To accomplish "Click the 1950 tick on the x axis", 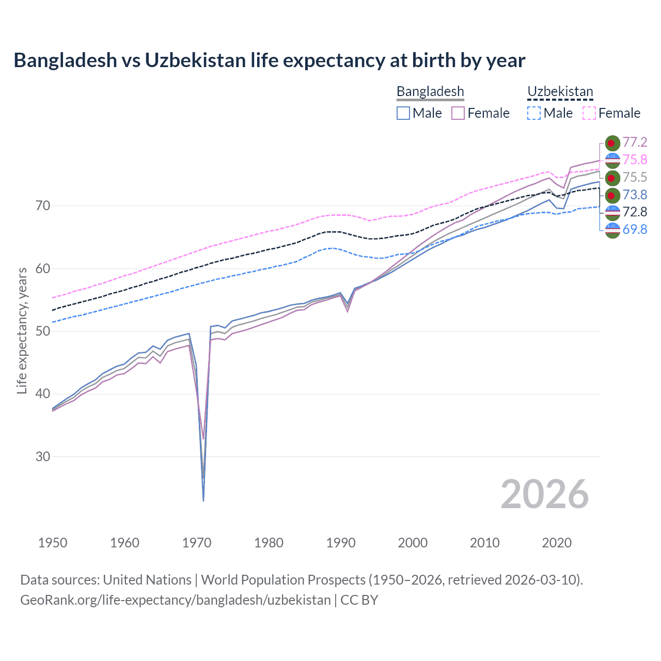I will [53, 543].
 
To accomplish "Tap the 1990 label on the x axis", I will [341, 543].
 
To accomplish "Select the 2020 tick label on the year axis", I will [557, 543].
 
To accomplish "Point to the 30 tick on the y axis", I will [43, 457].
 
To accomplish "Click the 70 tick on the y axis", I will [43, 206].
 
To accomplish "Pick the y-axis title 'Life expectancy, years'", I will [22, 330].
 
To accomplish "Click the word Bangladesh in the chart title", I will [66, 60].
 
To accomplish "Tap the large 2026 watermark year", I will [545, 495].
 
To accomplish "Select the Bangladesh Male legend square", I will [403, 113].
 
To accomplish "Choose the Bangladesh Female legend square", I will [458, 113].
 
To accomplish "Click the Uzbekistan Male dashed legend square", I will [534, 113].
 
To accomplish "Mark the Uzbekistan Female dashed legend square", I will [589, 113].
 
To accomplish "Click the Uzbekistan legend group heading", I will [560, 92].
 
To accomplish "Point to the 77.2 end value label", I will [635, 143].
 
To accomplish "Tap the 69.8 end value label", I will [635, 229].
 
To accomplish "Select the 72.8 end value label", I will [635, 212].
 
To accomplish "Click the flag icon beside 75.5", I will [612, 178].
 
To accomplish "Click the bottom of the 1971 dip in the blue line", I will [203, 500].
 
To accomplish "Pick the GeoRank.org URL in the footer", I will [176, 600].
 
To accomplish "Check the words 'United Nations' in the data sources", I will [147, 580].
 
